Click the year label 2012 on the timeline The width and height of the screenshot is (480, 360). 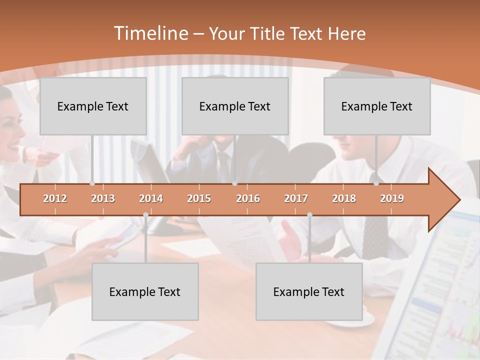tap(55, 198)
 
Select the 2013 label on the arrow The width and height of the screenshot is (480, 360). tap(103, 198)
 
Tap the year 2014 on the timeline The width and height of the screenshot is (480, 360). tap(151, 198)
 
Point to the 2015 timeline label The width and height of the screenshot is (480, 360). tap(199, 198)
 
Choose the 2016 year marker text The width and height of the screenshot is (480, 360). tap(248, 198)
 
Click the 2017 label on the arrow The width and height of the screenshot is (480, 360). tap(296, 198)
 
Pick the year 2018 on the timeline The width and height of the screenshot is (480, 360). tap(344, 198)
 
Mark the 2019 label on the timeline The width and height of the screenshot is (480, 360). tap(392, 198)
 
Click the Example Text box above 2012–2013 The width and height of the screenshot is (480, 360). tap(93, 106)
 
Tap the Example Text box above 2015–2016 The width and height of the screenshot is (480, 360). tap(235, 106)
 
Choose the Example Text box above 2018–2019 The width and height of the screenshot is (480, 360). tap(377, 106)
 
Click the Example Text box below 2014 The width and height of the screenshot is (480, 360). tap(145, 291)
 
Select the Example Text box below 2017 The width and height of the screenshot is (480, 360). tap(309, 291)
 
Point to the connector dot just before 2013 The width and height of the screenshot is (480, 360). tap(92, 183)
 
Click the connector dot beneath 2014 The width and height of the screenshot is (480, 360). tap(145, 214)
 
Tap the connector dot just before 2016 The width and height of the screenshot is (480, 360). tap(234, 183)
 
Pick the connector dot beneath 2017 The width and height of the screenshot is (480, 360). tap(309, 214)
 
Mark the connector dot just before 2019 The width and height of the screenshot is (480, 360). tap(376, 183)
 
